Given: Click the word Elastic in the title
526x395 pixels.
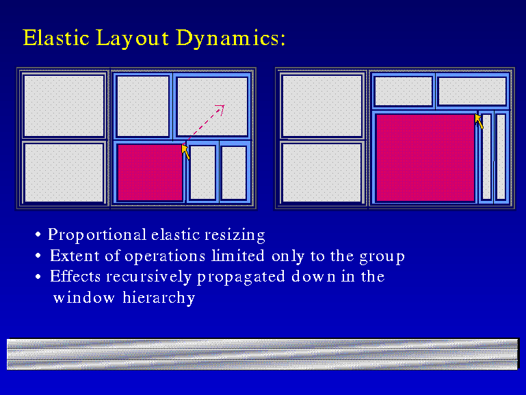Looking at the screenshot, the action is point(56,37).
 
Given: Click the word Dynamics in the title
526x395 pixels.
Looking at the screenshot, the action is point(231,38).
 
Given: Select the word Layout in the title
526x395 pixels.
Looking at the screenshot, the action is point(133,38).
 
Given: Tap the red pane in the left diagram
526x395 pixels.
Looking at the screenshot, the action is point(150,172).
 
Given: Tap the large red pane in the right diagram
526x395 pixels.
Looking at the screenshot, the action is point(425,157).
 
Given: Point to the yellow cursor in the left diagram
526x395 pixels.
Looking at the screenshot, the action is point(185,152).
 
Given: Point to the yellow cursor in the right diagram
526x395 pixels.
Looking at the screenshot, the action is point(479,121).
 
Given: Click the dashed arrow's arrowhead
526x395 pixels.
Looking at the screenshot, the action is point(220,109).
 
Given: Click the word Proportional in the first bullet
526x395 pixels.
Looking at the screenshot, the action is point(97,235).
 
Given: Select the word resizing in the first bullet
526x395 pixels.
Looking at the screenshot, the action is point(235,235).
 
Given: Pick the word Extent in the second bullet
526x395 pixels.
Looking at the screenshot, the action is point(75,256).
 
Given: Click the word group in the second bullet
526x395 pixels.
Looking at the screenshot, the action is point(382,258).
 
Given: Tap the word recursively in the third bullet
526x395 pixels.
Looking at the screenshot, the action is point(149,277).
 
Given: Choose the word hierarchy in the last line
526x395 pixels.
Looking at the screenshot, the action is point(159,298).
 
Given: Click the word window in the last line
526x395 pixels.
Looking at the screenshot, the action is point(84,298).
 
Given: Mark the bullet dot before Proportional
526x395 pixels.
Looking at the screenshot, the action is point(38,234).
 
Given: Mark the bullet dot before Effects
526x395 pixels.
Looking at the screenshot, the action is point(38,277).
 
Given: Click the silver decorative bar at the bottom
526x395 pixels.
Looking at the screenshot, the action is point(263,354).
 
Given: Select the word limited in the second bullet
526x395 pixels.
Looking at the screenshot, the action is point(238,256).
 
